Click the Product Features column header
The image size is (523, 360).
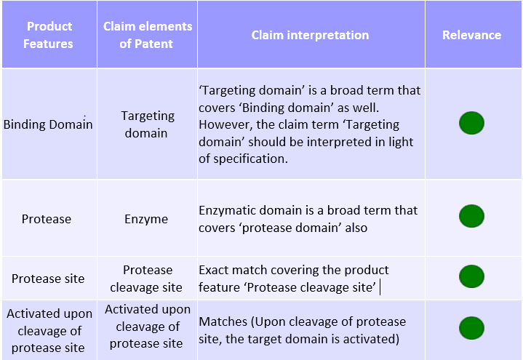point(48,35)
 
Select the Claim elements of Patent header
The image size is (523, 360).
point(148,35)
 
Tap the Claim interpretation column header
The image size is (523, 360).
point(310,35)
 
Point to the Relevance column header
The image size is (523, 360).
point(471,35)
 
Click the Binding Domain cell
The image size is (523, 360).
point(48,124)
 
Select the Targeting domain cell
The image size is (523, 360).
point(147,124)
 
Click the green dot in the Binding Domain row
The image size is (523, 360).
point(471,123)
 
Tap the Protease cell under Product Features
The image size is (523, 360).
point(47,219)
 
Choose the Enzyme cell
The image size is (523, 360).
point(146,219)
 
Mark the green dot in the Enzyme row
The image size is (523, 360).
point(471,216)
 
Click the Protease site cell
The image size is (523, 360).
point(48,279)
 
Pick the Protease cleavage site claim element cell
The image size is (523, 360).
point(146,279)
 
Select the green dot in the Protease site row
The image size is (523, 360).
point(471,276)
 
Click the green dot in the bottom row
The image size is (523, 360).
point(471,328)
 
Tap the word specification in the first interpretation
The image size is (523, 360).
point(250,159)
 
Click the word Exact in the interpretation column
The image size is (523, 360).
point(213,270)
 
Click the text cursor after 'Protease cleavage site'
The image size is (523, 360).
point(380,287)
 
